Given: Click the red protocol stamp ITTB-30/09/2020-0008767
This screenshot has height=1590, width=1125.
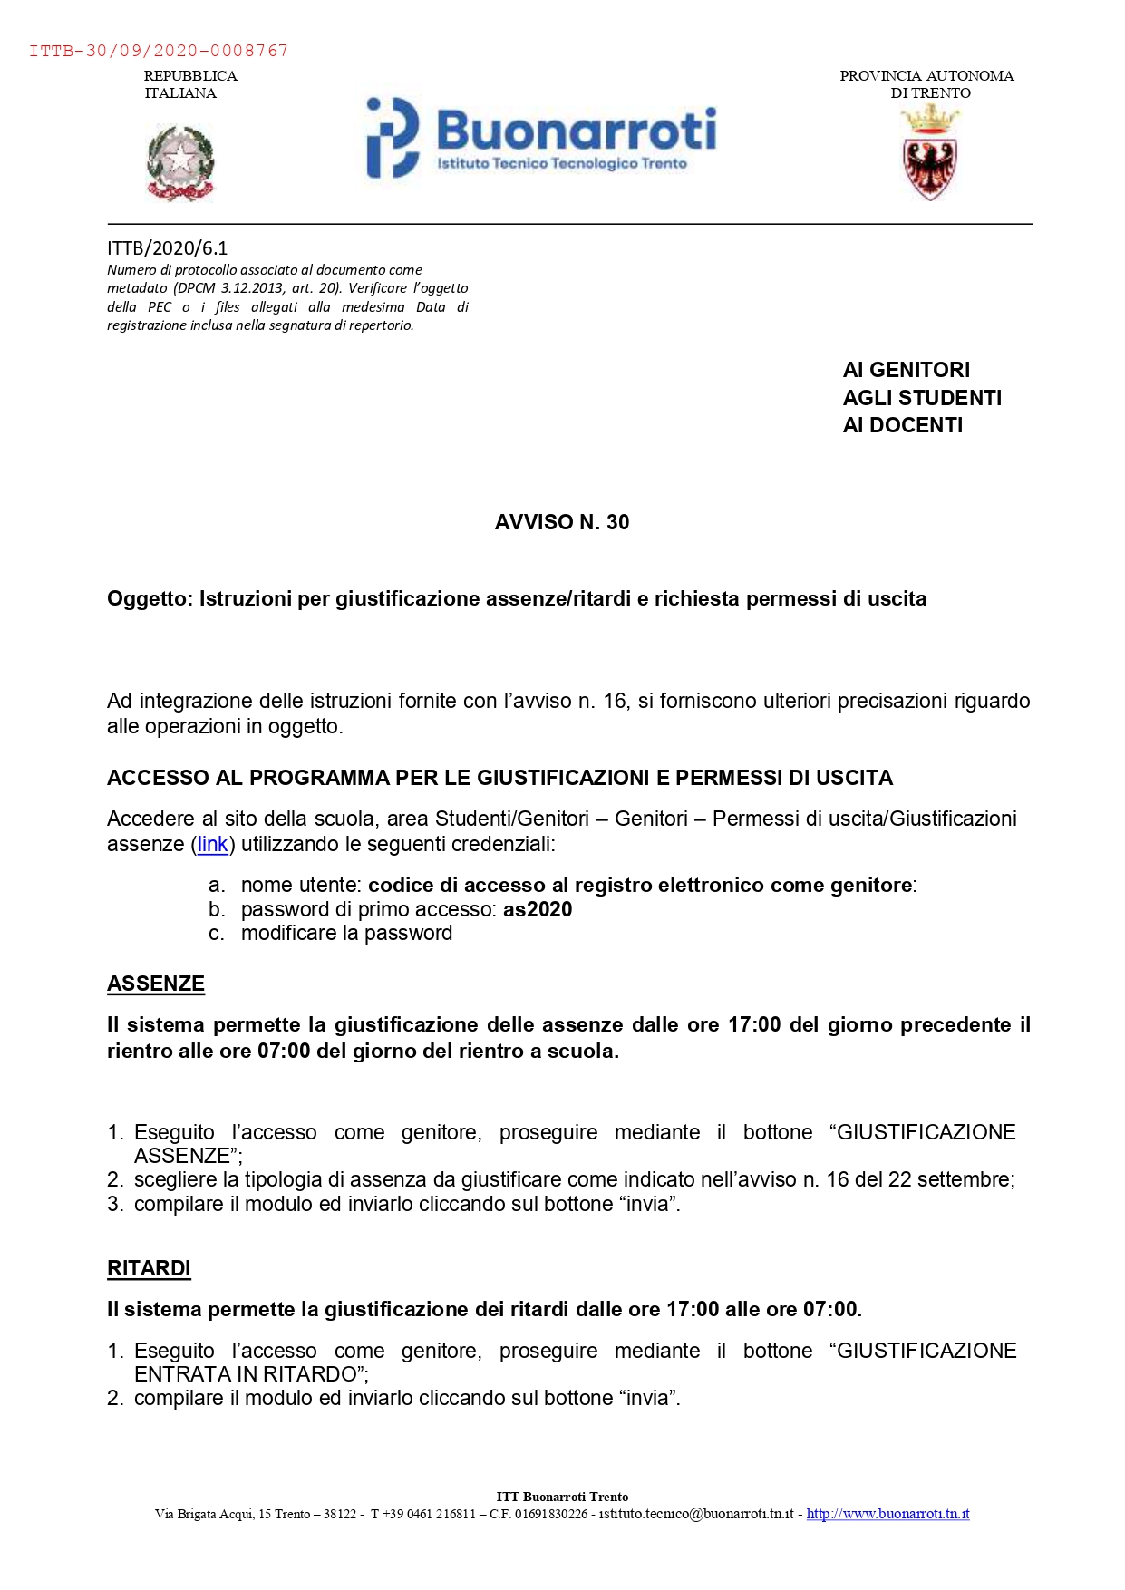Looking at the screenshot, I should [159, 51].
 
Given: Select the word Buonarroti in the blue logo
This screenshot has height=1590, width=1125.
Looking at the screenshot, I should [576, 130].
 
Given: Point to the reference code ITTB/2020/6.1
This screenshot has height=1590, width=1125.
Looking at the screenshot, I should [168, 248].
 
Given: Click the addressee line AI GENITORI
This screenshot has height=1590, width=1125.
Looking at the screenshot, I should [906, 370].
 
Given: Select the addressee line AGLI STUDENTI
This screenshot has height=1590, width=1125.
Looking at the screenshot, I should [922, 398].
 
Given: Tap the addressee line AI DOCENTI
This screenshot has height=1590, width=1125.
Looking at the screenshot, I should [902, 425].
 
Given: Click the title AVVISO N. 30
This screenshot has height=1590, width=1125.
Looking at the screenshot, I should [562, 522].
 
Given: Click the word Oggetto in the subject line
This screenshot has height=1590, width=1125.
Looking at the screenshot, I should [149, 599].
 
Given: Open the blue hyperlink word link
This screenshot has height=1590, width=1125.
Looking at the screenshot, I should [213, 845].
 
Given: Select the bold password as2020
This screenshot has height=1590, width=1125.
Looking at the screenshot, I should [538, 910].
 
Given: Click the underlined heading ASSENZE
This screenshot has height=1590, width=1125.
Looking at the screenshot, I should [156, 984].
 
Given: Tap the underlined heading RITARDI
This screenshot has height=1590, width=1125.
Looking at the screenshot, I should [149, 1268].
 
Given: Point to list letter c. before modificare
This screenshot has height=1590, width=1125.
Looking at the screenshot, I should [217, 934].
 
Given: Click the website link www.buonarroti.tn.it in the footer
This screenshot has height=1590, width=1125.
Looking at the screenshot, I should [887, 1514].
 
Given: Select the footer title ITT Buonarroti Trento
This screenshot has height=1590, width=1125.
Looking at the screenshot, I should [562, 1497].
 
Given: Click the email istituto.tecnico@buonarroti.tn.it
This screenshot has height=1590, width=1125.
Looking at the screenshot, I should [696, 1514].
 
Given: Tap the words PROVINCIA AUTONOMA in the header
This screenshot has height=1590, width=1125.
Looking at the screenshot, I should [926, 76].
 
